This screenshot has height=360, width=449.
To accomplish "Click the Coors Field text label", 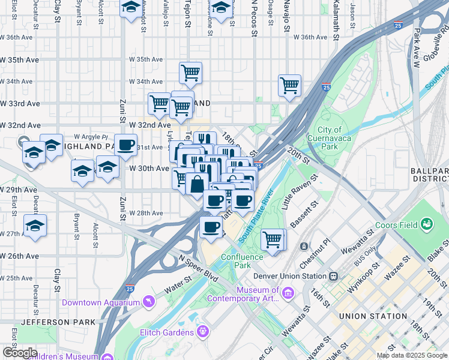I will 396,226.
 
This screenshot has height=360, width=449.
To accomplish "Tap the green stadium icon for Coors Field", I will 427,225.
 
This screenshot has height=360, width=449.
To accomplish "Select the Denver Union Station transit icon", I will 333,276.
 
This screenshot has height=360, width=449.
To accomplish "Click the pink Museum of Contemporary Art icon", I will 288,293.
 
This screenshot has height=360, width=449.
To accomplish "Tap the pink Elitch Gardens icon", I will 203,330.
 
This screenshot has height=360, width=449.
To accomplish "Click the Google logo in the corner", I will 20,353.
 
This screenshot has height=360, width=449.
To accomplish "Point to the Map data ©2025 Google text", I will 411,355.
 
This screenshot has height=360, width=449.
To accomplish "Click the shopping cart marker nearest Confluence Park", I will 273,239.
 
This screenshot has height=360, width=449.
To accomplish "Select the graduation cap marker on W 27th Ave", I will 35,226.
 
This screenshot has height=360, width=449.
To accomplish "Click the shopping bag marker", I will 197,184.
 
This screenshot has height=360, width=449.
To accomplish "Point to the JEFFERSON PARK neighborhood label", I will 58,322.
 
